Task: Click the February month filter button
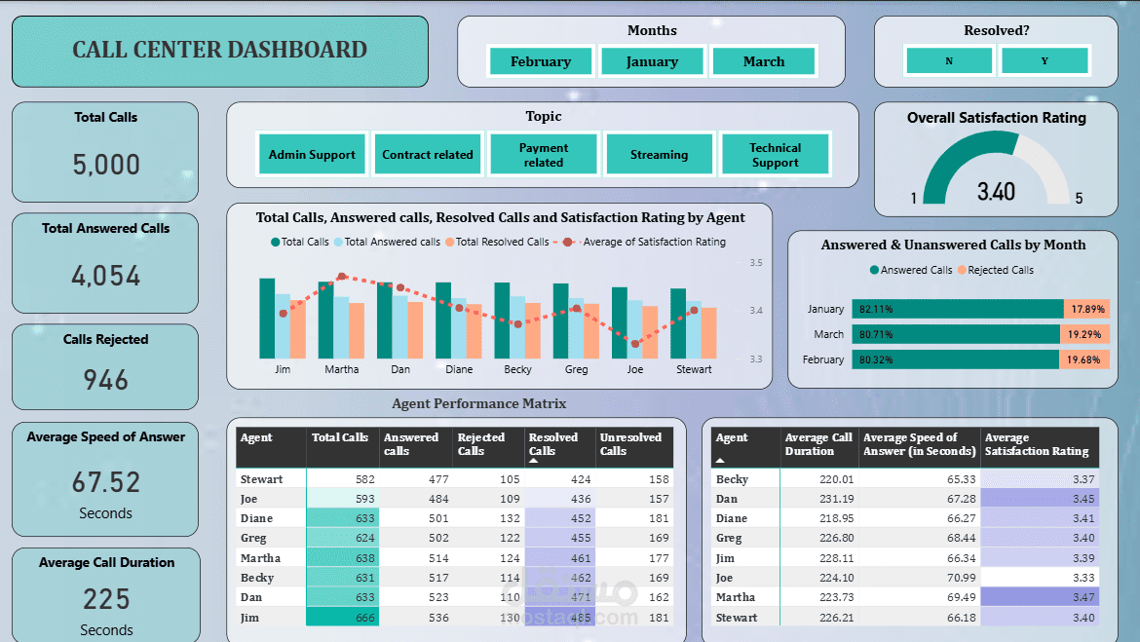541,61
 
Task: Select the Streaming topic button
659,155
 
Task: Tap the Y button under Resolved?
1045,61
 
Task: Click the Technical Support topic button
775,155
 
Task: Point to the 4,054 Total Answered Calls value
106,276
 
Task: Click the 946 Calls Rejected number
105,380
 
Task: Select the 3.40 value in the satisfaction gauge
996,191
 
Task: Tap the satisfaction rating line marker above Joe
635,343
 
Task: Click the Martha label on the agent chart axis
341,369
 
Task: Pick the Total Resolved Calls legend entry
497,242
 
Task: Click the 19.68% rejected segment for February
1084,359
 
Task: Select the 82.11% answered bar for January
957,309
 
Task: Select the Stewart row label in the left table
262,479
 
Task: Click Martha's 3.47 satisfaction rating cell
1040,597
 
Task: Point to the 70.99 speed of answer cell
918,578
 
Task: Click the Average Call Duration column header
818,444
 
